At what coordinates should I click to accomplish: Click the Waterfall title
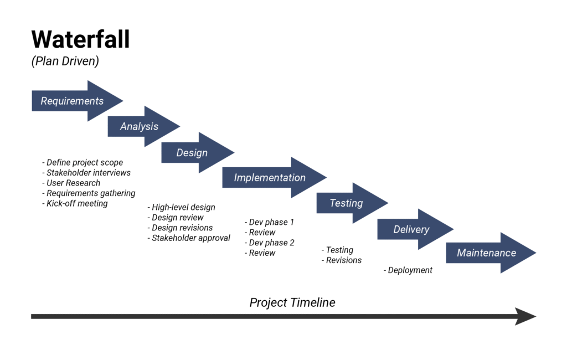[x=81, y=40]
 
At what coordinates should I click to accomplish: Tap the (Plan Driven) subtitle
[x=65, y=61]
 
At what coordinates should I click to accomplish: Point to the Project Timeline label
[x=292, y=302]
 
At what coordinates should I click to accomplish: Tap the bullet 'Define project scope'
[x=83, y=163]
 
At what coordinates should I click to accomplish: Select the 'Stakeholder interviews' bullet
[x=87, y=173]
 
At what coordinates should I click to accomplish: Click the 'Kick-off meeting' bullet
[x=75, y=203]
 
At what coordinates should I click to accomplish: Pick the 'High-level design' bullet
[x=182, y=207]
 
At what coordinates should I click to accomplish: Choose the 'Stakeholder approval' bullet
[x=189, y=238]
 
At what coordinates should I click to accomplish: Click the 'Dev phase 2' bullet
[x=270, y=243]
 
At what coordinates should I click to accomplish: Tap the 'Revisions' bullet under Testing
[x=342, y=260]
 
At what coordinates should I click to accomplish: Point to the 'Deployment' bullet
[x=408, y=270]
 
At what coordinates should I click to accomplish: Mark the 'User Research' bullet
[x=71, y=183]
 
